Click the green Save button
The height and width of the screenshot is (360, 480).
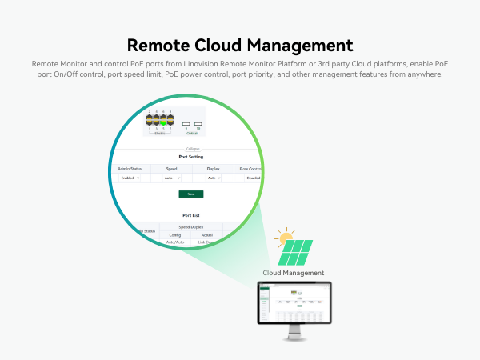click(190, 194)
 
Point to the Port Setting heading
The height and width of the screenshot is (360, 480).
click(190, 157)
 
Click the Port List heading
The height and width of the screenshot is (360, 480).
click(190, 214)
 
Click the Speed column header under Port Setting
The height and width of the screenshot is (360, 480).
click(171, 169)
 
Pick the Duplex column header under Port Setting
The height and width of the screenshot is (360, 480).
click(213, 169)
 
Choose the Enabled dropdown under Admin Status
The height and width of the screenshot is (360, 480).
click(129, 178)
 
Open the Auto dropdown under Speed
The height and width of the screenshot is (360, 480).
click(170, 178)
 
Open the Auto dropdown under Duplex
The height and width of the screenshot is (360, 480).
click(213, 178)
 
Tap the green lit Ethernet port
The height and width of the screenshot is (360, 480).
click(163, 122)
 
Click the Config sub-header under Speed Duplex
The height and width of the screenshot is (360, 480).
click(174, 235)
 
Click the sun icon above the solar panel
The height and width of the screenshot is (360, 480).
click(282, 237)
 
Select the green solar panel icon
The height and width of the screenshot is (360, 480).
click(296, 254)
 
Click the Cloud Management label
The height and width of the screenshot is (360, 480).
click(294, 273)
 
